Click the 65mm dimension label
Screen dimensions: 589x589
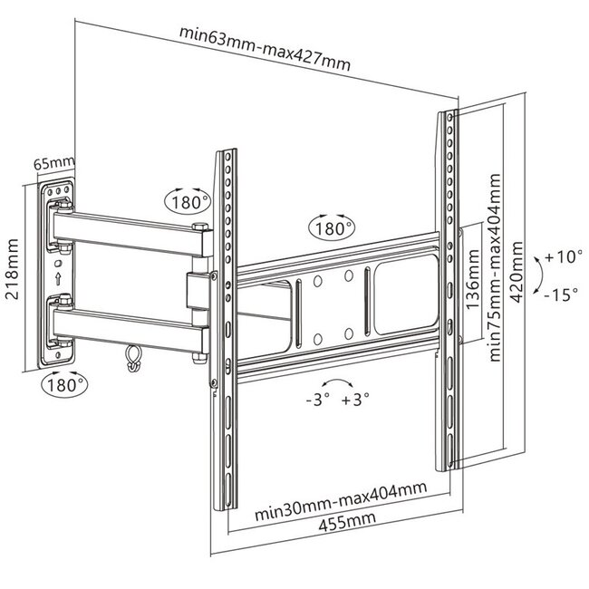54,163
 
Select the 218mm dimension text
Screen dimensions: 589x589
12,269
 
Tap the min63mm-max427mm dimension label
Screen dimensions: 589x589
265,48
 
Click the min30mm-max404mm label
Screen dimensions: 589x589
341,501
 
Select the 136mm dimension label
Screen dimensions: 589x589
472,279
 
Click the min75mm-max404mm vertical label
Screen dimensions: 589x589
495,267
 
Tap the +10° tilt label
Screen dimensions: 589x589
564,257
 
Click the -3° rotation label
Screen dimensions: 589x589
318,399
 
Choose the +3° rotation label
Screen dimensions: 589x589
355,399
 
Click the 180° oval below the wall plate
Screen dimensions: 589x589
64,385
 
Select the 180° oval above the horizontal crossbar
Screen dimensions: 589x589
332,228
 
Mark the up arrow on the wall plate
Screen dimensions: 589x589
58,279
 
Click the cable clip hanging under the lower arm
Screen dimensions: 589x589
134,358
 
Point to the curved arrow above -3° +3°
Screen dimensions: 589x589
337,381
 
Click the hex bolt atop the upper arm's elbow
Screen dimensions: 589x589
200,227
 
